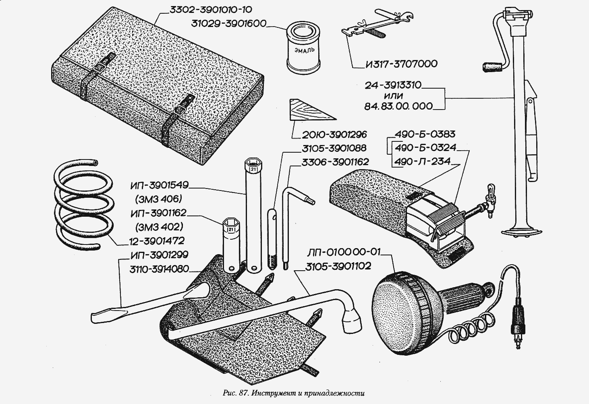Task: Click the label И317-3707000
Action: (401, 64)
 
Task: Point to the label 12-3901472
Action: (157, 241)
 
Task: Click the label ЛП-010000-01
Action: (344, 253)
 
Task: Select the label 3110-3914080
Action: (159, 269)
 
